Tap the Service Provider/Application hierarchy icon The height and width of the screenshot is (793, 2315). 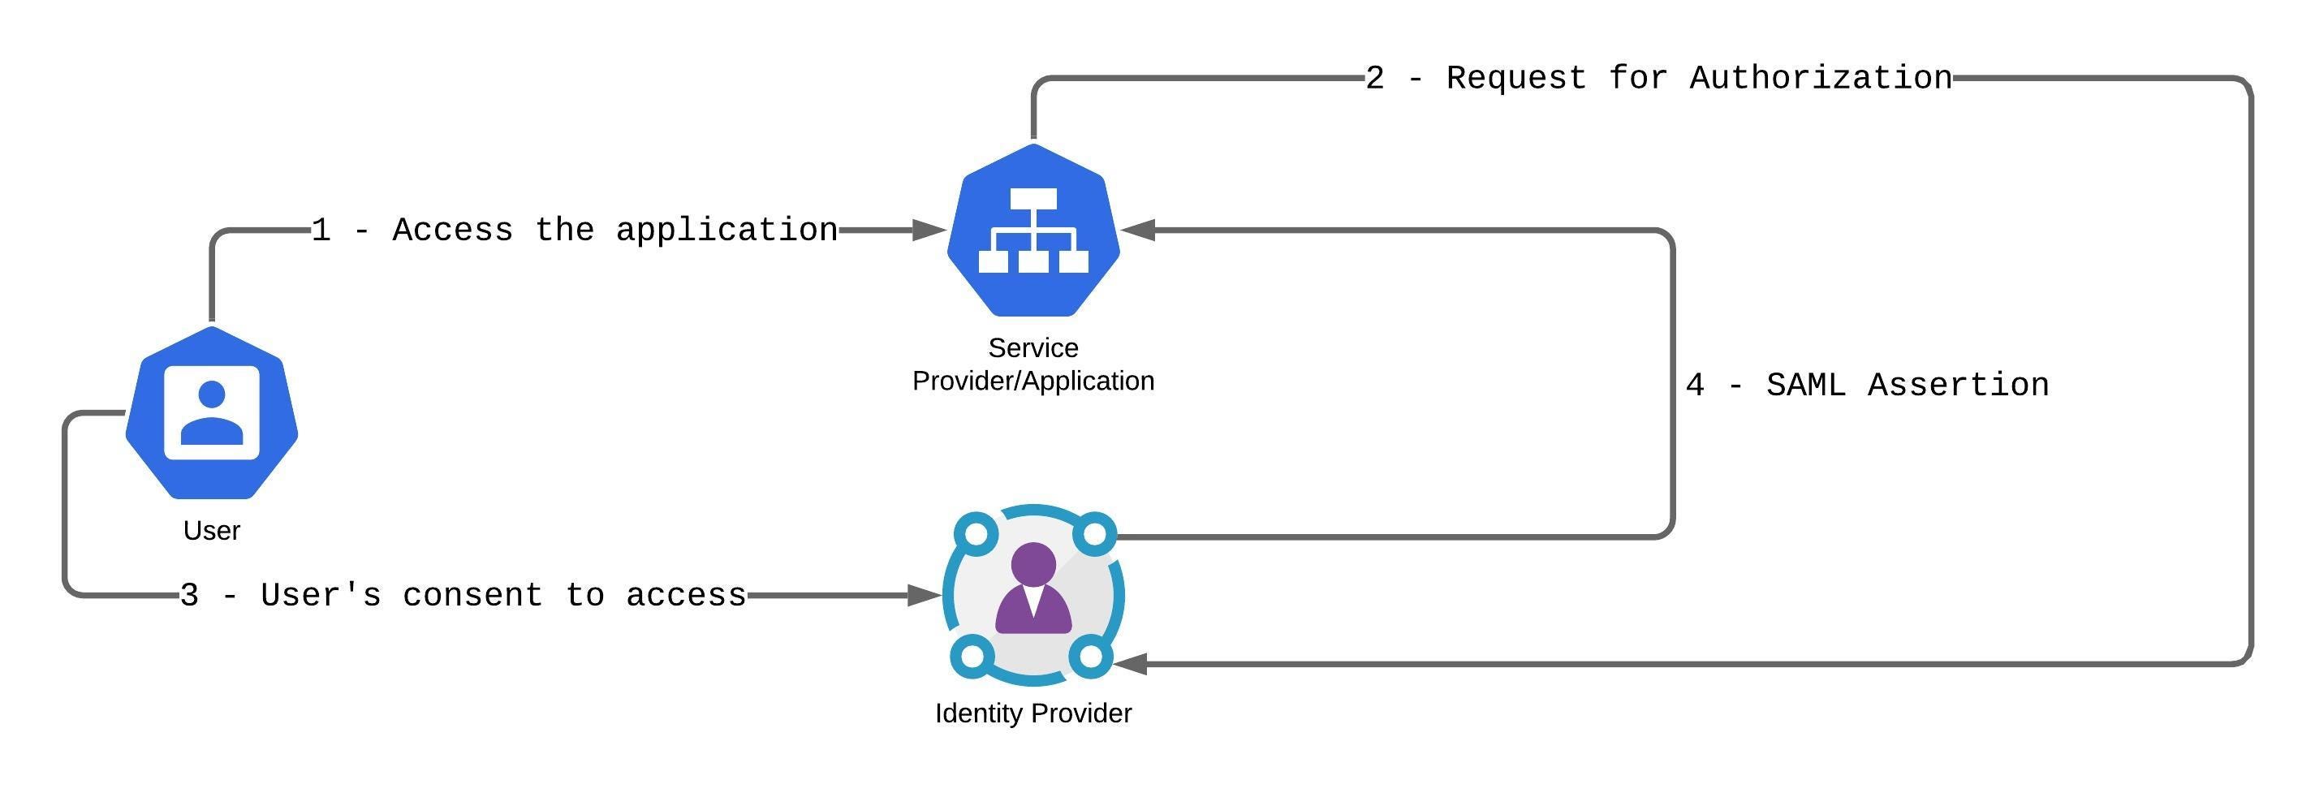[1032, 231]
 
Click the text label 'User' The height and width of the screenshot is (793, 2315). [211, 531]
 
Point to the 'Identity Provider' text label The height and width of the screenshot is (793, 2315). [1032, 713]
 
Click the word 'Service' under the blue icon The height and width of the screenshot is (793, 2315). [1032, 348]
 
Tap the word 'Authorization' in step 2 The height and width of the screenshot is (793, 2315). [1820, 78]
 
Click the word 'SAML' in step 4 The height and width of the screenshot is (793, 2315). [1804, 385]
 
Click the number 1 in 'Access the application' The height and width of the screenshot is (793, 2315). [321, 231]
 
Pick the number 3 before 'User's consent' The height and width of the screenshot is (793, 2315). [188, 595]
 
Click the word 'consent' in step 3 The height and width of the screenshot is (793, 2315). [472, 595]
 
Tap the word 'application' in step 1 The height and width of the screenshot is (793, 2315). [726, 231]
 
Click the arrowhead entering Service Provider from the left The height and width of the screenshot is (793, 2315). [929, 231]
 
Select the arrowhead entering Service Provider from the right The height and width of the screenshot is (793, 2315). [1138, 231]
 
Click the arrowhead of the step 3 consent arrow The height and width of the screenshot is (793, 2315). [924, 595]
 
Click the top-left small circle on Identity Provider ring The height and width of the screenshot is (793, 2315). [975, 534]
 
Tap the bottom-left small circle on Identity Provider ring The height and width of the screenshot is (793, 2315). [972, 657]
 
